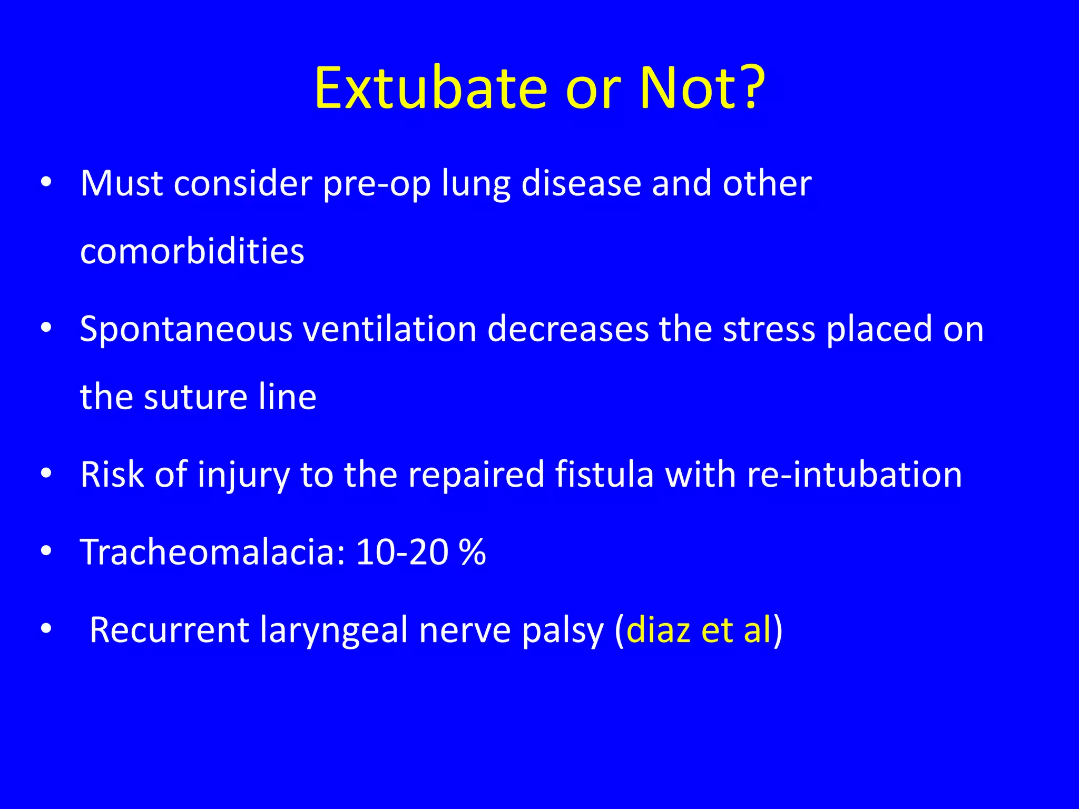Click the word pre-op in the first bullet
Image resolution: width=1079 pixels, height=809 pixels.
point(377,184)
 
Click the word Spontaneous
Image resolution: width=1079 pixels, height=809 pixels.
point(186,330)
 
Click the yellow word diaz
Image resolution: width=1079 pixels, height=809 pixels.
point(659,630)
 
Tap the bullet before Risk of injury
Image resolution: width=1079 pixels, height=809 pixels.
point(46,473)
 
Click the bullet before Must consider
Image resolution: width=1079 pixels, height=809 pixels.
point(46,182)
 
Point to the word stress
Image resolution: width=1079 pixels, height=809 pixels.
point(769,330)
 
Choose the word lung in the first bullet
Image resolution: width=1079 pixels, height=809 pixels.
point(476,184)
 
